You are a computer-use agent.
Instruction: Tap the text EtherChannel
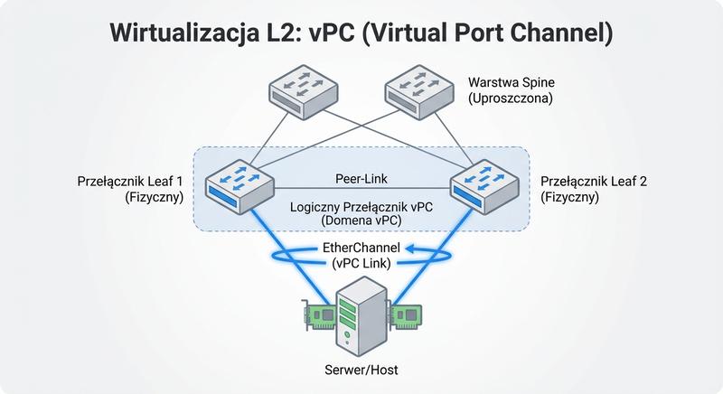tap(361, 248)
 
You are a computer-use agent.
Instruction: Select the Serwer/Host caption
tap(361, 370)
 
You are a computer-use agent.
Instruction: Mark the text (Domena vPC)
tap(361, 221)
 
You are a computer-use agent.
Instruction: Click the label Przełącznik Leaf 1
tap(133, 181)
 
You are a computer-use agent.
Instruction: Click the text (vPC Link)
tap(361, 263)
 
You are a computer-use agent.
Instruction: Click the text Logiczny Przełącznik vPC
tap(361, 206)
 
